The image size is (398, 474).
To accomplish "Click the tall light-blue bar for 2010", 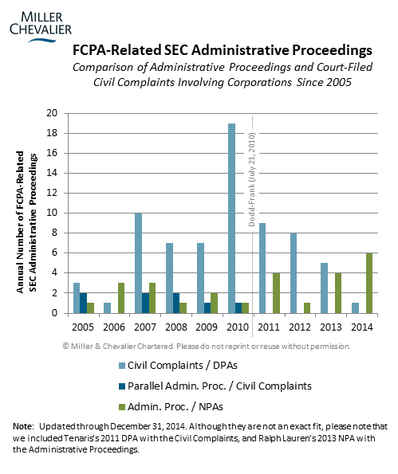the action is [x=232, y=218].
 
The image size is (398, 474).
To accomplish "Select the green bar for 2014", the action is [x=369, y=284].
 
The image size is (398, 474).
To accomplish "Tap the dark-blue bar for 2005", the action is [x=84, y=303].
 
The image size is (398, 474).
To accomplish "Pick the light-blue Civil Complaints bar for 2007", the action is [x=138, y=264].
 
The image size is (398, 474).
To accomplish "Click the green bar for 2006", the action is [x=121, y=298].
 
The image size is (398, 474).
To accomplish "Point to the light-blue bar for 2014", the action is [x=355, y=308].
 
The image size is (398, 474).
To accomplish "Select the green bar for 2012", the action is [x=307, y=308].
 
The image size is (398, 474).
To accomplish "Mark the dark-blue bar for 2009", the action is [x=207, y=308].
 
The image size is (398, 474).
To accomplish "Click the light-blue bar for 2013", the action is [x=324, y=288].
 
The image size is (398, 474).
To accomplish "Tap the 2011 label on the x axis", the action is [x=269, y=327].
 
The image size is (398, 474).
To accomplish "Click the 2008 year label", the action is [x=175, y=327].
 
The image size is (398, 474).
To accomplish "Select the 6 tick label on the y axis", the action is [x=54, y=253].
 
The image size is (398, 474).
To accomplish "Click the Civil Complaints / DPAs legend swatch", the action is [x=122, y=366].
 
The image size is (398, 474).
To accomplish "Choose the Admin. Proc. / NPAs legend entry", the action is [x=171, y=407].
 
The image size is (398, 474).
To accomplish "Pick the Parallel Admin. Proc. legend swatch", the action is [x=122, y=386].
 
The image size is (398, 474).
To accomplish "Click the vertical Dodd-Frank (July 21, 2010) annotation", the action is [x=252, y=179].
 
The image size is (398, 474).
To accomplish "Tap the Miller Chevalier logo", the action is [x=41, y=26].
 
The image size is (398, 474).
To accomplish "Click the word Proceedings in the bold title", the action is [x=332, y=51].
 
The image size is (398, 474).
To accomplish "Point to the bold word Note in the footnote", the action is [x=22, y=426].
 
